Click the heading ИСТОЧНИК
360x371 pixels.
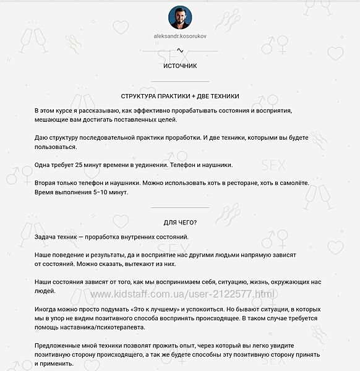[180, 66]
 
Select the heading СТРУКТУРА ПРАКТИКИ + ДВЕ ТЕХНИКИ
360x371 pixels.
[180, 96]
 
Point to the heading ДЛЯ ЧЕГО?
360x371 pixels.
[180, 223]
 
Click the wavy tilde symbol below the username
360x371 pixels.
[180, 50]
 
